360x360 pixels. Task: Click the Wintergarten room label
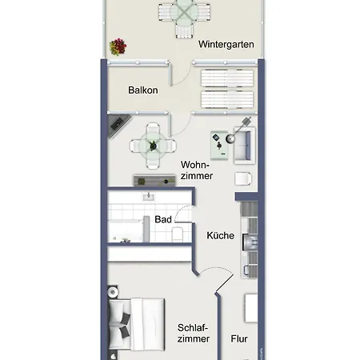(x=226, y=44)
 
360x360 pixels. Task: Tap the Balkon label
(x=143, y=90)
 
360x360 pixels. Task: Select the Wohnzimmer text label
(x=197, y=170)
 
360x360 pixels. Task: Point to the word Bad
(x=163, y=219)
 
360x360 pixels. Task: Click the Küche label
(x=221, y=235)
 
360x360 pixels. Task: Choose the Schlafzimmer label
(x=194, y=334)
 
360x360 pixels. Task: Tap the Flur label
(x=239, y=339)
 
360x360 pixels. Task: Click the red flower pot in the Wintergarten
(x=118, y=46)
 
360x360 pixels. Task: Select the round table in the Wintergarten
(x=184, y=12)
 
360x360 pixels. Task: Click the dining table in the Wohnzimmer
(x=153, y=146)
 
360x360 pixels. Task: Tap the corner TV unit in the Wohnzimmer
(x=118, y=126)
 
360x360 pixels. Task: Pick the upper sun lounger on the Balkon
(x=227, y=78)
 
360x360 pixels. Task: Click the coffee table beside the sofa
(x=219, y=146)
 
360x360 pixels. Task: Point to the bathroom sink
(x=149, y=197)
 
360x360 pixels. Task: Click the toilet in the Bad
(x=177, y=234)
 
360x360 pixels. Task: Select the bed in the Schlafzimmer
(x=137, y=324)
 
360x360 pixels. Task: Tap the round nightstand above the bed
(x=113, y=292)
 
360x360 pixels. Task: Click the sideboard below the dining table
(x=154, y=181)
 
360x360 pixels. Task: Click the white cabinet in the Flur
(x=251, y=308)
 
